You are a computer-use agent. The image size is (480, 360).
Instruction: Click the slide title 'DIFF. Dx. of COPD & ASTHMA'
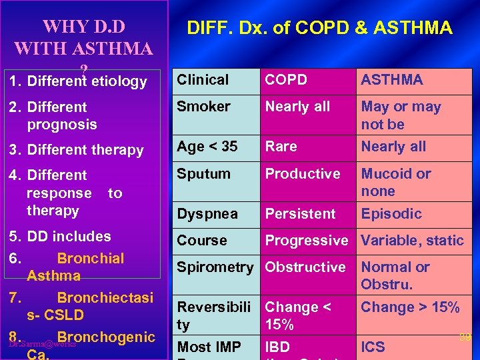point(319,28)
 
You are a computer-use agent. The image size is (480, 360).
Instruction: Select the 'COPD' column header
point(286,80)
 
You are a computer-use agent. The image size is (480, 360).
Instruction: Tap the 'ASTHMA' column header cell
point(391,80)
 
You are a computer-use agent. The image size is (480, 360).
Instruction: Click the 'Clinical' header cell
point(203,80)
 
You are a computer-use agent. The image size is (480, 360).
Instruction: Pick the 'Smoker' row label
point(203,107)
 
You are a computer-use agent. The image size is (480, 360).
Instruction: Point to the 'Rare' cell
point(281,147)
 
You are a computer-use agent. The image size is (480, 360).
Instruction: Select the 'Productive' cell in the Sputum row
point(303,174)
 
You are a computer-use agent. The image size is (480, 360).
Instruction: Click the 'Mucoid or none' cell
point(396,182)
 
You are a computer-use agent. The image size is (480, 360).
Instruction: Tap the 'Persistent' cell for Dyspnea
point(301,214)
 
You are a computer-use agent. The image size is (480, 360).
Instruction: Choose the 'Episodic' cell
point(391,214)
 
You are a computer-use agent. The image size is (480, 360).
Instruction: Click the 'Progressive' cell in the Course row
point(307,241)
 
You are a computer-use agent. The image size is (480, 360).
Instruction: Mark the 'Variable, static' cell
point(412,241)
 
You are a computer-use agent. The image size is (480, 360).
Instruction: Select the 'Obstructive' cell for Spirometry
point(305,267)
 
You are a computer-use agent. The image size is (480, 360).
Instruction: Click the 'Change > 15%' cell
point(410,307)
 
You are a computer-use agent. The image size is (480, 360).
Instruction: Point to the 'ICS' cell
point(372,347)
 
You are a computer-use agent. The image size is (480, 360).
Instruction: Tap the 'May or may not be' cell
point(401,115)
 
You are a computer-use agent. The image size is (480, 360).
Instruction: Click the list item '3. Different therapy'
point(81,150)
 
